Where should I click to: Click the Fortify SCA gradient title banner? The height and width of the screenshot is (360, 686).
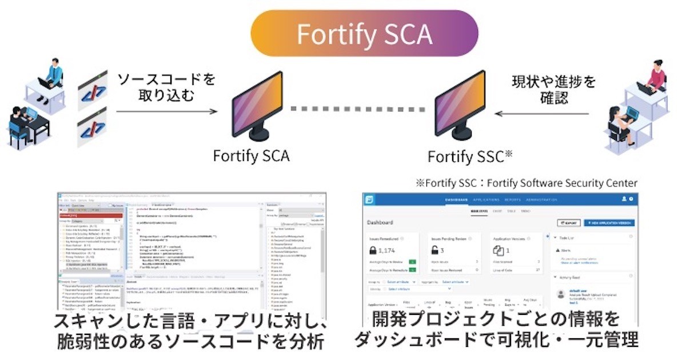pyautogui.click(x=364, y=34)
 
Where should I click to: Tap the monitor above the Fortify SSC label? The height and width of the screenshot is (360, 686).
pyautogui.click(x=461, y=105)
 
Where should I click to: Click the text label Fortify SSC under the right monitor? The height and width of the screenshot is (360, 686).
pyautogui.click(x=466, y=155)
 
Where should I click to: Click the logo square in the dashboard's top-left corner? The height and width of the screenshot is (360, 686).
pyautogui.click(x=370, y=199)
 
